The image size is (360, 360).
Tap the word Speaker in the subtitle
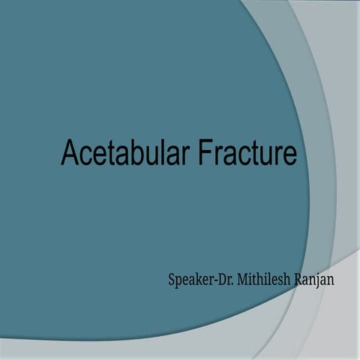[190, 282]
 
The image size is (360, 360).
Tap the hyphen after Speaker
[213, 283]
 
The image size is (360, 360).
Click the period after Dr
[232, 285]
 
